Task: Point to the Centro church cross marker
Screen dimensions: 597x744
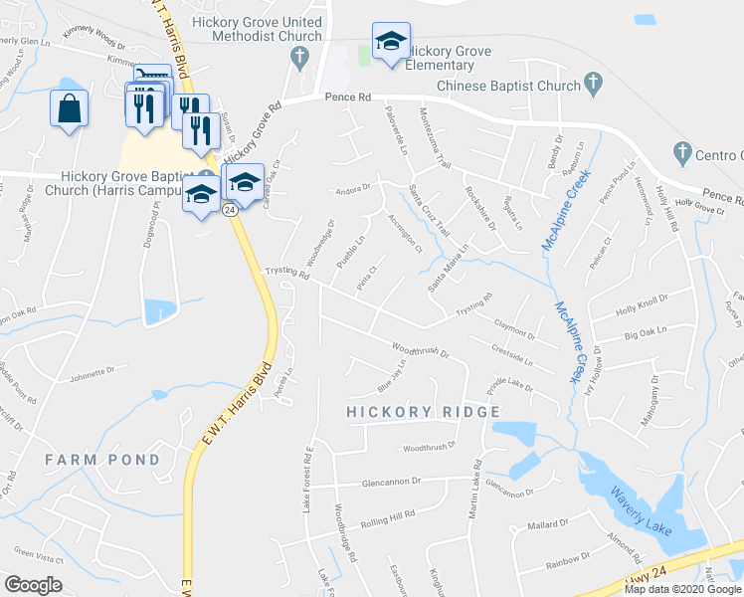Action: pyautogui.click(x=682, y=153)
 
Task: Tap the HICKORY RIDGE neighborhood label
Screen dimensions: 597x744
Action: pyautogui.click(x=423, y=412)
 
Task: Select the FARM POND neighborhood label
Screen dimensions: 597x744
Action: pyautogui.click(x=102, y=460)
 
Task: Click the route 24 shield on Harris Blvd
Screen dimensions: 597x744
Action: pyautogui.click(x=230, y=210)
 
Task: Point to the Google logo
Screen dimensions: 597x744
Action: pyautogui.click(x=33, y=585)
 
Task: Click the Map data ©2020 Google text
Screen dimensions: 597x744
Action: pyautogui.click(x=682, y=589)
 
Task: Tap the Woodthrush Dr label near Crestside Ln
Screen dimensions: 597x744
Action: pyautogui.click(x=421, y=351)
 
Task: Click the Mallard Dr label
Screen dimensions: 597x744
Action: pyautogui.click(x=547, y=523)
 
